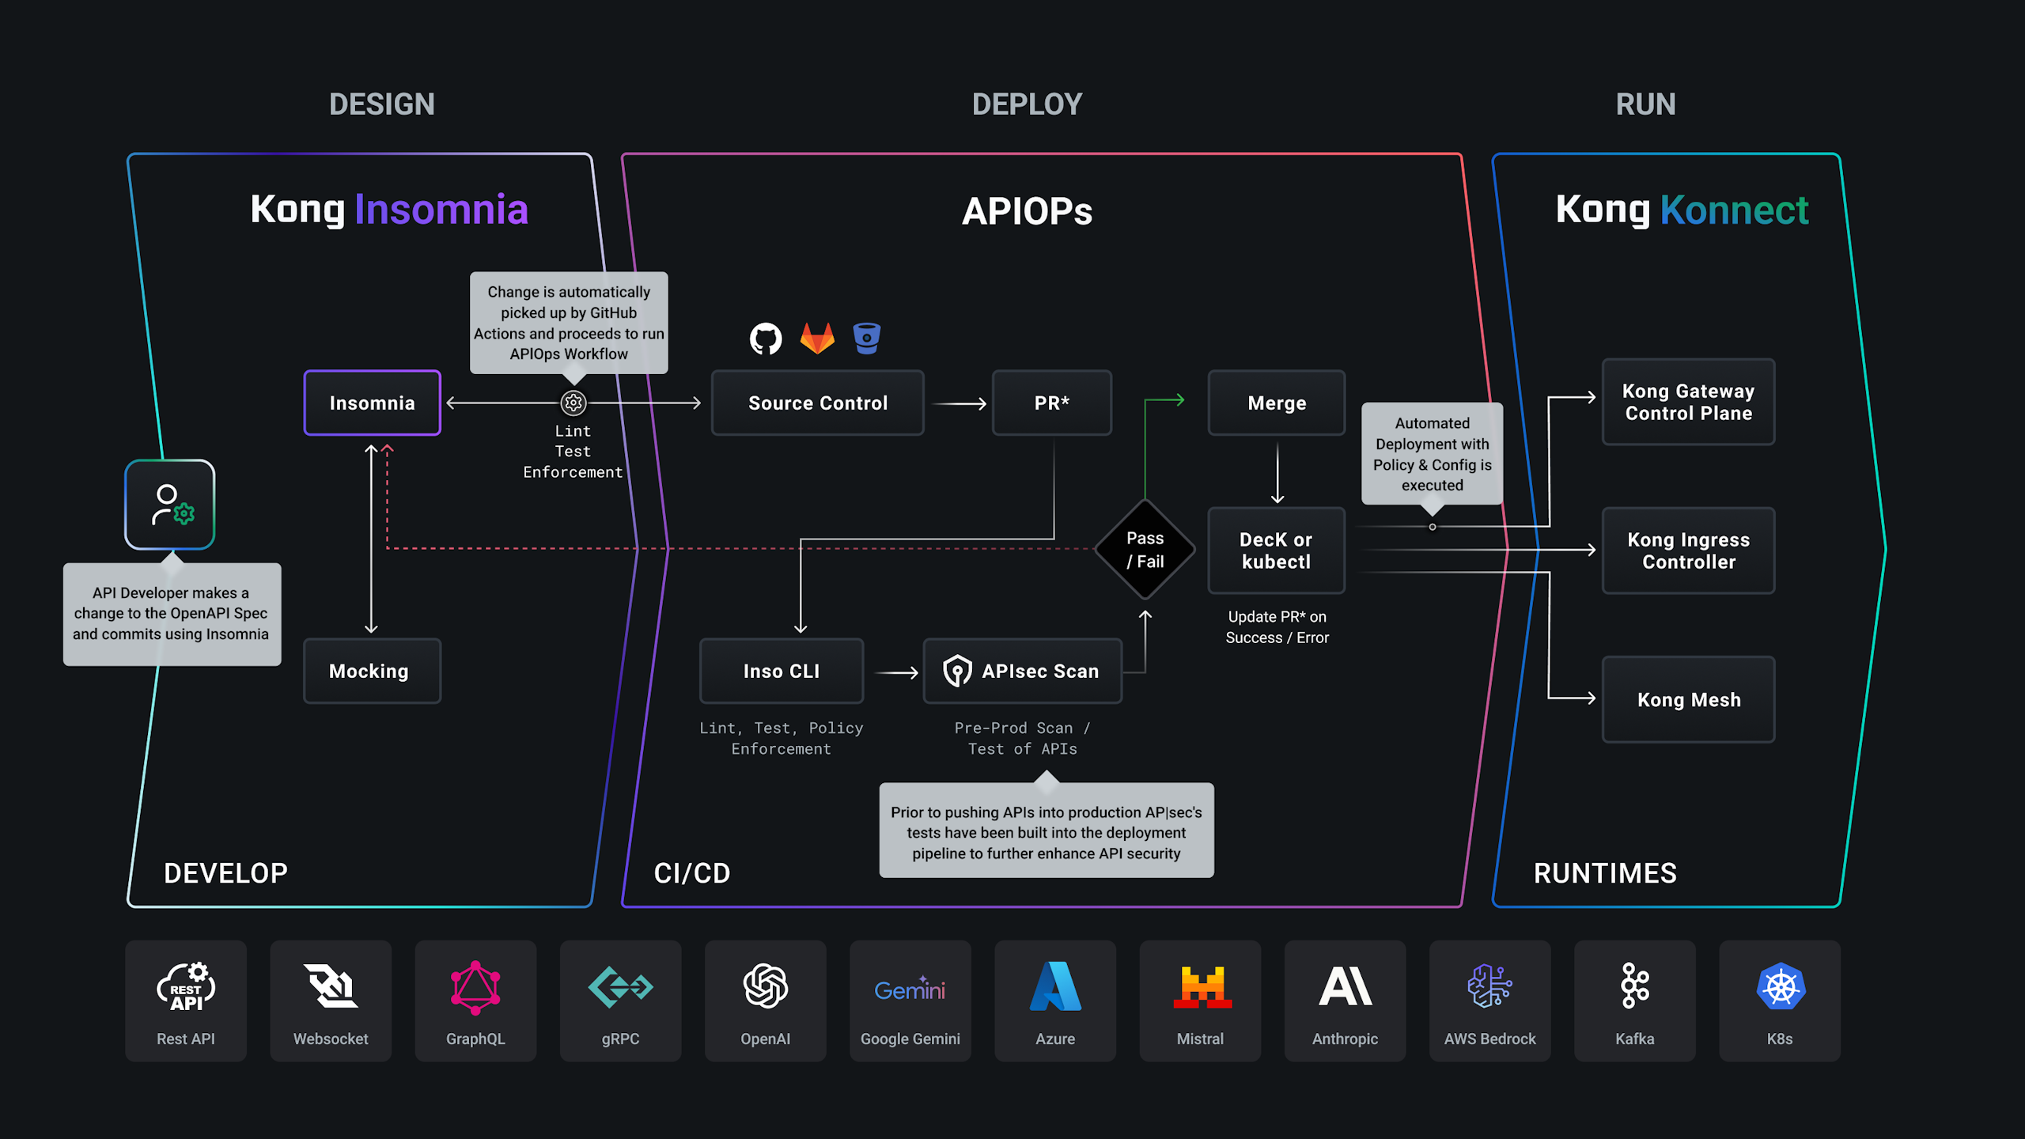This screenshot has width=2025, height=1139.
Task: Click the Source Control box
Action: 817,403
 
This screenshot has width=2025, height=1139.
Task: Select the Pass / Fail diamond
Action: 1145,549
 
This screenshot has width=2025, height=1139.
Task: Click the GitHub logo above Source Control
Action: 765,339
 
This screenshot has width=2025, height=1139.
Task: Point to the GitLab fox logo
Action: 817,338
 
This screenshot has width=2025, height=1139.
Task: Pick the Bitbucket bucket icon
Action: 867,338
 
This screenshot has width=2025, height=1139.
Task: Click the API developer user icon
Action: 170,505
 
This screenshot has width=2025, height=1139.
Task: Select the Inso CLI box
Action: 782,671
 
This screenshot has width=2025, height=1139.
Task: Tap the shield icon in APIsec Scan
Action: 957,671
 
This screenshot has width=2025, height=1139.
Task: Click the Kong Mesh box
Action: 1688,699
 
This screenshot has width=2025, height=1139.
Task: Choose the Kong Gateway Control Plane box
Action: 1688,402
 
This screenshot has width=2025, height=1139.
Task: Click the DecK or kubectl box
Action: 1276,551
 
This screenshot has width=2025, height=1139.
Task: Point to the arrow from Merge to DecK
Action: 1277,473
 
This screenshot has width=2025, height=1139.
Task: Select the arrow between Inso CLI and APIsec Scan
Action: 897,672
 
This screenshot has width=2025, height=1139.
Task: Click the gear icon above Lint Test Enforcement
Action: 573,403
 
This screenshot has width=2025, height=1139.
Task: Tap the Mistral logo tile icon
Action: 1202,986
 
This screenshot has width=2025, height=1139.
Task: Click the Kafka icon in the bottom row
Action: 1634,986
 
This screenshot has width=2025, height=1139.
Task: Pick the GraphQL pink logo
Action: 475,987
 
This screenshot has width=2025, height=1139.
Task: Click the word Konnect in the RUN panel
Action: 1734,210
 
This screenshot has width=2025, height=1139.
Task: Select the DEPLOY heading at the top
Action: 1027,104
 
